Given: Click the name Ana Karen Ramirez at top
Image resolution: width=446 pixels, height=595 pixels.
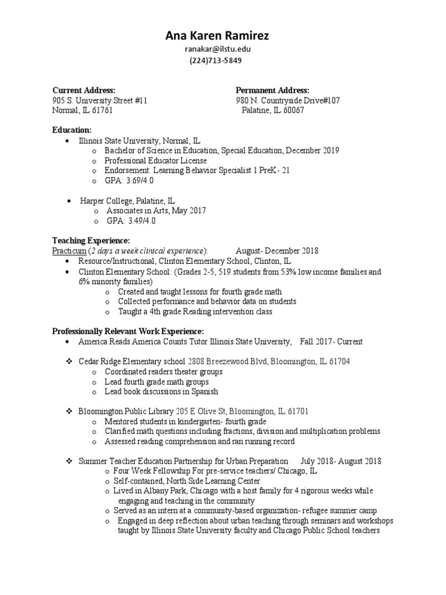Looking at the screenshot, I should [217, 36].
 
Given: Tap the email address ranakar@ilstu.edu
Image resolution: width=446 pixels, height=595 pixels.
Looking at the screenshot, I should [217, 49].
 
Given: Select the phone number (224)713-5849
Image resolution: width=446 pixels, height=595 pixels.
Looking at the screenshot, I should [217, 60].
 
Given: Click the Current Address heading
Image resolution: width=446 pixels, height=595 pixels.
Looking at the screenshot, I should [84, 90].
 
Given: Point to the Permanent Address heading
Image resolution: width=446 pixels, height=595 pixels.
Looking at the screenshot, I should [272, 90].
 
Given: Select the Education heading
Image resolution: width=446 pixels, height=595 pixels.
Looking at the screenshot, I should [72, 130].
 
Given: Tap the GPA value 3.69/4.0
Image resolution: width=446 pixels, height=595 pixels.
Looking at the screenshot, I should [139, 181].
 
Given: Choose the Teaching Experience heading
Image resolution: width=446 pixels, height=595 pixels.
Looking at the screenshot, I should [91, 241].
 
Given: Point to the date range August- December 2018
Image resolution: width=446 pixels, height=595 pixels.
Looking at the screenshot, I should [277, 251].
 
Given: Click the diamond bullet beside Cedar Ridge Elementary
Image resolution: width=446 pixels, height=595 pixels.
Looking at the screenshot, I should [67, 361].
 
